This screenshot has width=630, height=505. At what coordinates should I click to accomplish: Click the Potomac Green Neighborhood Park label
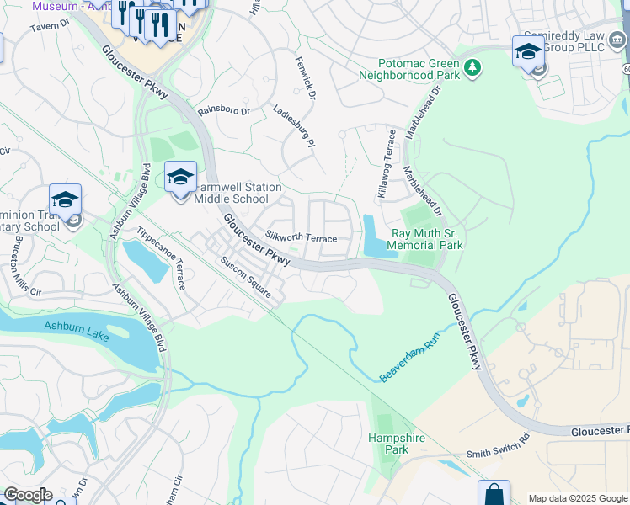point(408,69)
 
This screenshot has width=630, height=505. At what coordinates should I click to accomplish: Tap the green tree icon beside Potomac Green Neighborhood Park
point(472,66)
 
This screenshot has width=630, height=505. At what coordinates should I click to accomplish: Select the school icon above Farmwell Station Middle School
point(180,178)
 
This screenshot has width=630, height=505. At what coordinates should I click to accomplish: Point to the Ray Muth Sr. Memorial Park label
point(427,240)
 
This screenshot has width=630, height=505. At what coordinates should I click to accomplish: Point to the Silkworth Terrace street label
point(301,238)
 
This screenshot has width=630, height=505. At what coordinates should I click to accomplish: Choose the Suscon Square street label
point(245,278)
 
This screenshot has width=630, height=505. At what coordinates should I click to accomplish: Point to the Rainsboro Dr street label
point(223,110)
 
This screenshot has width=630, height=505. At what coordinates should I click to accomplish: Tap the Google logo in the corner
point(28,495)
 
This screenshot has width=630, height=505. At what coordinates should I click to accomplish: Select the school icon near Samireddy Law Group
point(528,50)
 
